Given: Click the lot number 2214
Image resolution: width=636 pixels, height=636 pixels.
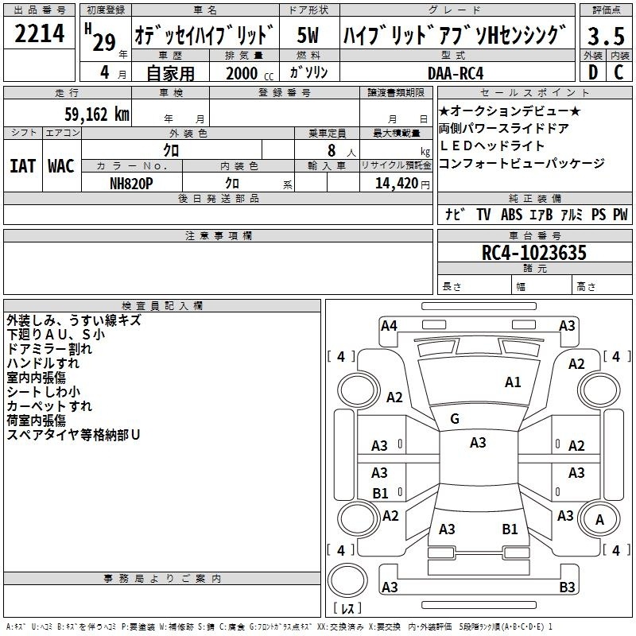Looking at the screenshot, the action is coord(39,33).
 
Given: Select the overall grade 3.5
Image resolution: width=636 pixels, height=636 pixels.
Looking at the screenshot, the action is coord(606,36).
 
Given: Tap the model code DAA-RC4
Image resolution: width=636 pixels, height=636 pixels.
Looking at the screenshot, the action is coord(456,73).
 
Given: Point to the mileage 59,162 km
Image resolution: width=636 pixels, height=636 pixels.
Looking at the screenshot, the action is coord(97,114).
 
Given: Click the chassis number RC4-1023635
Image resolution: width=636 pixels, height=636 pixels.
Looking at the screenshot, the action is coord(533,253).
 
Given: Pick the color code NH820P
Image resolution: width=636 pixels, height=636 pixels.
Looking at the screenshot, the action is coord(131,184).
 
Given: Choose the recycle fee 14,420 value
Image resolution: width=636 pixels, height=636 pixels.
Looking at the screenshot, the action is coord(397,184).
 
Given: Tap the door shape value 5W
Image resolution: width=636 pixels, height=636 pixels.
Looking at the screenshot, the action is coord(308,35).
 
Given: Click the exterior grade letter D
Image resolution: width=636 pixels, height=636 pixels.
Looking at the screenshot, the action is coord(593,72).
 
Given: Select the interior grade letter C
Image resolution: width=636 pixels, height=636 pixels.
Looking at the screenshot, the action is coord(619,72).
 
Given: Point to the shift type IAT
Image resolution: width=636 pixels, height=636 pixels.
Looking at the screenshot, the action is coord(23,166).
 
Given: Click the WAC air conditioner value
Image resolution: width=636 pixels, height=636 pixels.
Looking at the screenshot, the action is coord(61,166).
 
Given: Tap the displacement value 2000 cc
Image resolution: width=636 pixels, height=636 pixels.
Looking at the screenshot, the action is coord(250,74).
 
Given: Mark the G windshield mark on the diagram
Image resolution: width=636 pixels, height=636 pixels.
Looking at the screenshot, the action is coord(455,419).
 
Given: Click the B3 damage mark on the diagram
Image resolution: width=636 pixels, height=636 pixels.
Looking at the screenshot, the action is coord(567,587).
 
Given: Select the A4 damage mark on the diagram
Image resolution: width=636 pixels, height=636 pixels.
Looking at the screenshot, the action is coord(389,326).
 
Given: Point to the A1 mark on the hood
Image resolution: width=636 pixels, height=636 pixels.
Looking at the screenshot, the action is coord(513,382).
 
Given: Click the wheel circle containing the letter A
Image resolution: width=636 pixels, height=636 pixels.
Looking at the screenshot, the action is coord(599,520).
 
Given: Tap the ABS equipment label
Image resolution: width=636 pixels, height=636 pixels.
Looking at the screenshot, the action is coord(511,215).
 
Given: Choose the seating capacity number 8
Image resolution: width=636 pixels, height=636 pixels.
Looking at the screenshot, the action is coord(332,150).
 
